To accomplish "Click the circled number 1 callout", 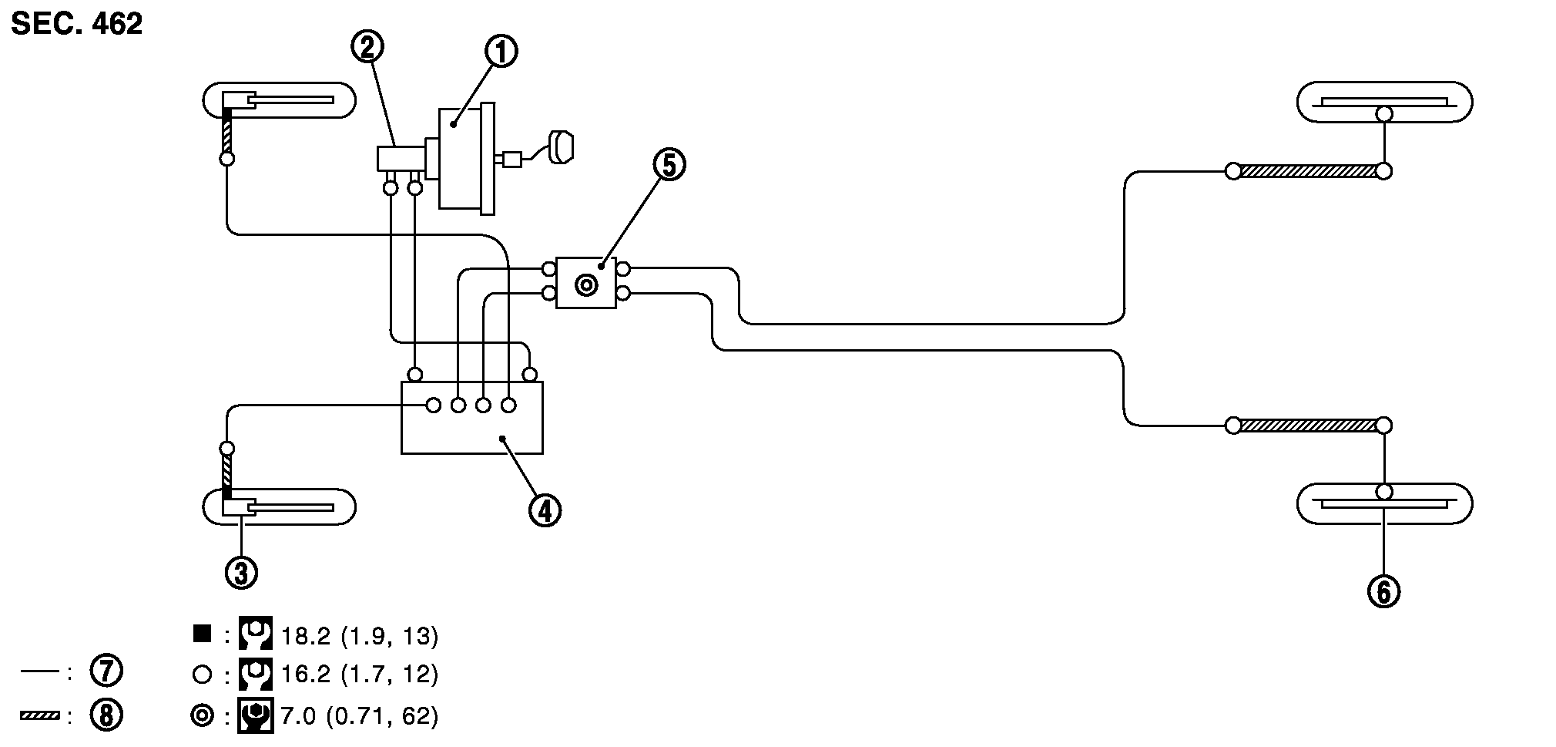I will click(501, 52).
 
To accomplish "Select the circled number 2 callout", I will click(367, 47).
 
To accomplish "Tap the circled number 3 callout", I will click(241, 573).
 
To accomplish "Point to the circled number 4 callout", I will click(545, 510).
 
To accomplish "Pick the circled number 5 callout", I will click(669, 164).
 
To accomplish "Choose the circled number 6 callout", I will click(1383, 592).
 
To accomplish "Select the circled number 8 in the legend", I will click(106, 715).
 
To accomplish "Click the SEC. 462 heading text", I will click(77, 24).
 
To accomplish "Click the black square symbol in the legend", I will click(202, 634).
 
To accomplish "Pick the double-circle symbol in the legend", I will click(202, 716).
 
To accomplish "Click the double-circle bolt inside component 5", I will click(586, 285).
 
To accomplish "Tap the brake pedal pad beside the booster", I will click(562, 147).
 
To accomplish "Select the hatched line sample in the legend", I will click(40, 716).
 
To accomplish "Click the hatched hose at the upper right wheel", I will click(1308, 171).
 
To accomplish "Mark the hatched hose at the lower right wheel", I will click(1308, 426).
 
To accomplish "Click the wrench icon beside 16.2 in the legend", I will click(256, 675).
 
